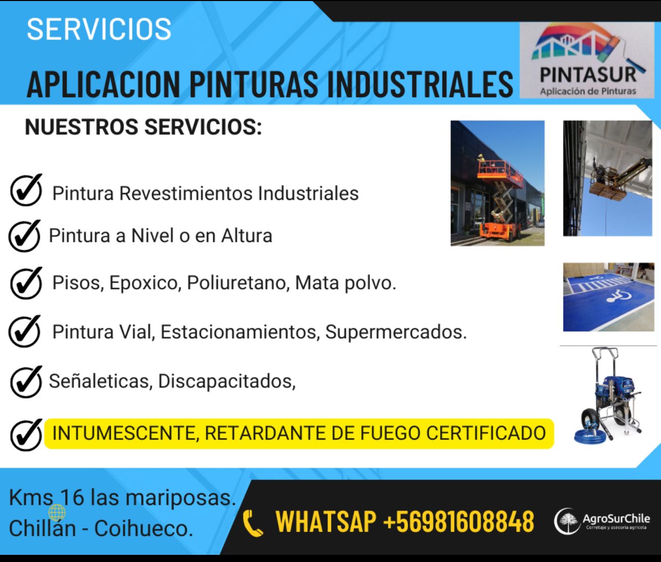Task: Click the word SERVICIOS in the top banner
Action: coord(99,29)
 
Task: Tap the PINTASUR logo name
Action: coord(588,75)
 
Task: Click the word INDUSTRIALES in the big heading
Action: coord(420,84)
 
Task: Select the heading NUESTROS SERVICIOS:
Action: coord(143,127)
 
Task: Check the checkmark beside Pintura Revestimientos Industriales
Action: coord(26,190)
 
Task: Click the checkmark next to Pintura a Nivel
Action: coord(24,236)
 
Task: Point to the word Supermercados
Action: coord(396,332)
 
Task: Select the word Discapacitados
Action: coord(226,381)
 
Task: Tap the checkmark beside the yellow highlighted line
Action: coord(26,435)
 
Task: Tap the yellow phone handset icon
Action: coord(253,523)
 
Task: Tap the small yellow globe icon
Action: coord(57,513)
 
